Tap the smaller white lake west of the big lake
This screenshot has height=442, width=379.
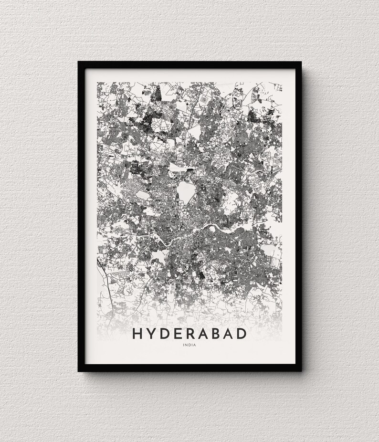(x=142, y=195)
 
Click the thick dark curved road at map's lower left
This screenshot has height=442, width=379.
(x=104, y=286)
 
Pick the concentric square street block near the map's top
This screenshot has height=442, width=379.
(x=204, y=99)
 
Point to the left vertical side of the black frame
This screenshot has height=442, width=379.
(x=81, y=215)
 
